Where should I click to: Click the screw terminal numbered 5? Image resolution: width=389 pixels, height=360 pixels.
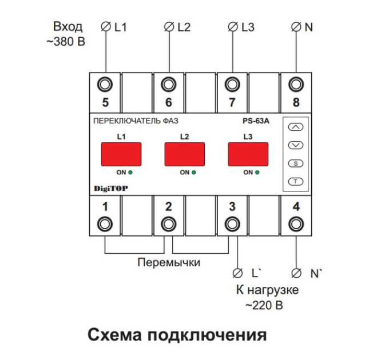(105, 85)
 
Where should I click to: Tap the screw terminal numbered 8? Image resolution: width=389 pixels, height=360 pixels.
(296, 85)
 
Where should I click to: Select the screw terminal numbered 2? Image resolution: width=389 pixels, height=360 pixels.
(168, 223)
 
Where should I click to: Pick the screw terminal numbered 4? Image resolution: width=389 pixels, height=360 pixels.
(296, 223)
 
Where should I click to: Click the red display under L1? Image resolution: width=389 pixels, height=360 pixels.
(121, 154)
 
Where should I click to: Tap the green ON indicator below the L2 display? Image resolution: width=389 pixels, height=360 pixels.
(193, 172)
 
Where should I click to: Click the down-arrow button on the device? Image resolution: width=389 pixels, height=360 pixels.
(295, 145)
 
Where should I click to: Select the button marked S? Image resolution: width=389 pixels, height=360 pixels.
(295, 163)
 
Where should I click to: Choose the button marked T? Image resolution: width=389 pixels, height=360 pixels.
(295, 182)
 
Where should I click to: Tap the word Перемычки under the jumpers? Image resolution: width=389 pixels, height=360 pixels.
(169, 263)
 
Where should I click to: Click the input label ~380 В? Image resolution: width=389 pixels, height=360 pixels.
(66, 41)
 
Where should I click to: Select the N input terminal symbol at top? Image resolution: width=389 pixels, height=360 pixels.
(296, 27)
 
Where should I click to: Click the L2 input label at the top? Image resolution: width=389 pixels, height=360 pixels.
(184, 27)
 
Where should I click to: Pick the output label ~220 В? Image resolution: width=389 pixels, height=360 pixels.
(264, 305)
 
